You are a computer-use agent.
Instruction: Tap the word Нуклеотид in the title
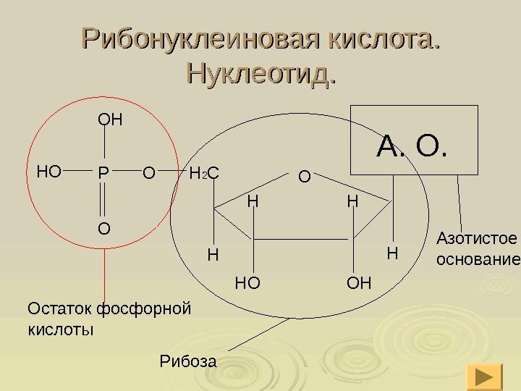[x=258, y=72]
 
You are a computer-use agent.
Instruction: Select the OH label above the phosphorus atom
[x=111, y=117]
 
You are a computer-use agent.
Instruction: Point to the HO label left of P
[x=49, y=172]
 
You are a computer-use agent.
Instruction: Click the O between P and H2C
[x=148, y=173]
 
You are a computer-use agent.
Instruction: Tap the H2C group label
[x=204, y=174]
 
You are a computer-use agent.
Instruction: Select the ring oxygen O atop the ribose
[x=305, y=176]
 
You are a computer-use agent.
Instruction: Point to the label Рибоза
[x=187, y=360]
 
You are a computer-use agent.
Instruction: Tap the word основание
[x=478, y=259]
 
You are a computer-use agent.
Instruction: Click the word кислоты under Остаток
[x=61, y=329]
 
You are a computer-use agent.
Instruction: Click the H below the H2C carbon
[x=212, y=255]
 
